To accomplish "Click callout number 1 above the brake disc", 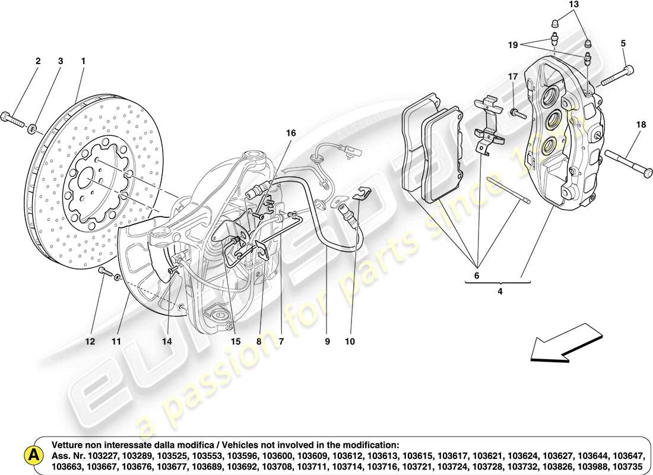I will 83,61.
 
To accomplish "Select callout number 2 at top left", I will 38,61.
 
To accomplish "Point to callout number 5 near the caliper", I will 623,43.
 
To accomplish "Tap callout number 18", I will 640,124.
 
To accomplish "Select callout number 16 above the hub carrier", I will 290,134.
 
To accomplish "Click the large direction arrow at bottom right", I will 558,343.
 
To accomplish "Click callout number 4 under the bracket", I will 500,292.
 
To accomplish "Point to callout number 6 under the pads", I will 477,275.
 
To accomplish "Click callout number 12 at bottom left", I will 90,341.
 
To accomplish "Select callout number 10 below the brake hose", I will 350,341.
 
